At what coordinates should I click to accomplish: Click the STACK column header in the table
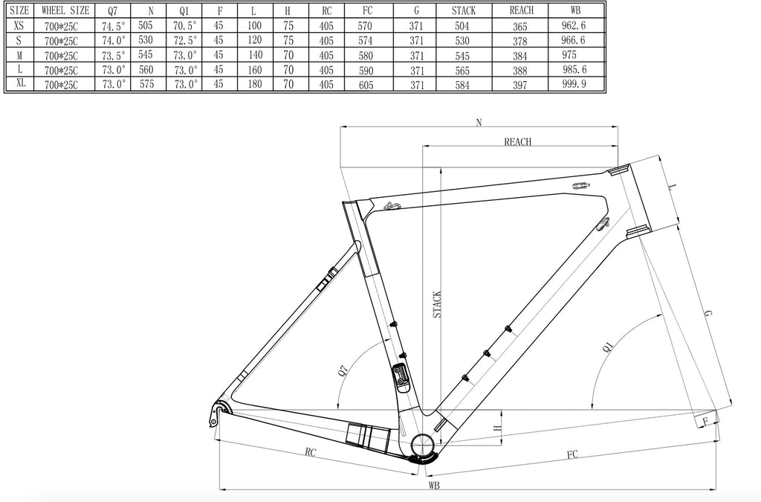[x=463, y=11]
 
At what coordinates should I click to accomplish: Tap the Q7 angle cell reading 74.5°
[x=113, y=26]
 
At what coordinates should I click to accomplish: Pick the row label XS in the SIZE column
[x=19, y=26]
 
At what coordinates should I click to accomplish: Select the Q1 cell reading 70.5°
[x=184, y=26]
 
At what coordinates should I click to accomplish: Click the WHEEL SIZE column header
[x=66, y=11]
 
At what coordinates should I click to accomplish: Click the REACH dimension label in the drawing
[x=518, y=142]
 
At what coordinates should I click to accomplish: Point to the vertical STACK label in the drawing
[x=437, y=305]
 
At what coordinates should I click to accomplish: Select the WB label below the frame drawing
[x=433, y=486]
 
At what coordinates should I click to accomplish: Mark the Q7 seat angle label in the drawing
[x=343, y=371]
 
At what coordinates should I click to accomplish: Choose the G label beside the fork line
[x=709, y=315]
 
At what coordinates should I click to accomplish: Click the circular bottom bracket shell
[x=421, y=448]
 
